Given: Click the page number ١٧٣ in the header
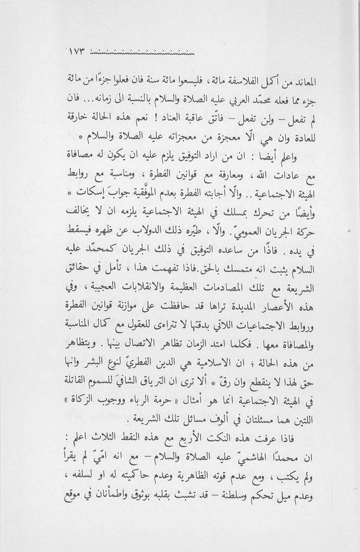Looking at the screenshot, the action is pyautogui.click(x=75, y=52).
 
